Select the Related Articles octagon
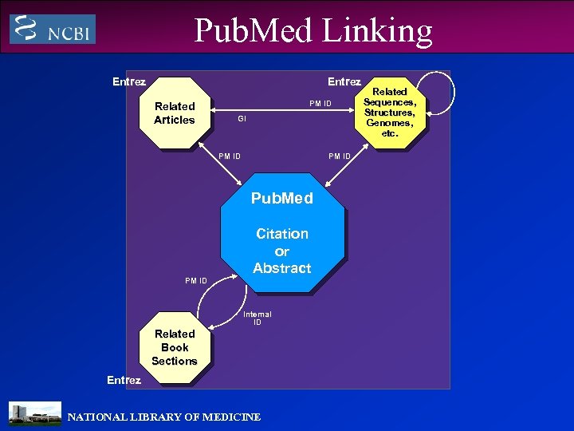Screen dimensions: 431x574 [175, 113]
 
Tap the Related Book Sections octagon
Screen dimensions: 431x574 [175, 347]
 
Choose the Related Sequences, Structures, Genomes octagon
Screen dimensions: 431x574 [390, 113]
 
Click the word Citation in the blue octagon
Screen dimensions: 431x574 [281, 234]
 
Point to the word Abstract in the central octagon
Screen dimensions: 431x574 [281, 268]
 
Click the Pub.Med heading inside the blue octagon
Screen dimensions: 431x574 [281, 198]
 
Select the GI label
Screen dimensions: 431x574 [242, 118]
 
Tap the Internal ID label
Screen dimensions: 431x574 [257, 318]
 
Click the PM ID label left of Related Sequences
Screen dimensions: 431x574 [320, 104]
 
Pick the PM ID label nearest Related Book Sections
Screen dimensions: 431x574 [196, 280]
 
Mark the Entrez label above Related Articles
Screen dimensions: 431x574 [129, 81]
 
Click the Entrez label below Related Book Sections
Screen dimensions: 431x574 [124, 380]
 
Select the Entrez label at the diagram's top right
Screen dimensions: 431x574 [344, 81]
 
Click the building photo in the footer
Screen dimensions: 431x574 [34, 413]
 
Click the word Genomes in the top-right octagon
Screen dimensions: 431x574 [389, 123]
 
